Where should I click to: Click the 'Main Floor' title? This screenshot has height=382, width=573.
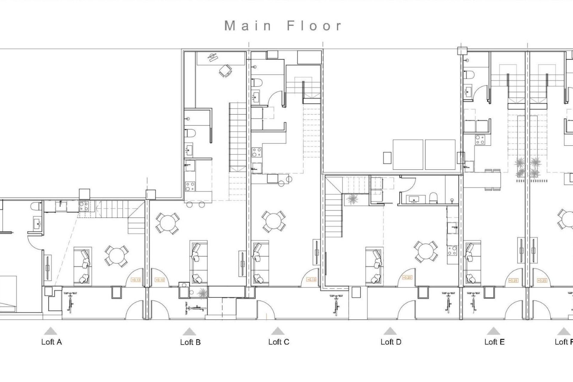(x=283, y=26)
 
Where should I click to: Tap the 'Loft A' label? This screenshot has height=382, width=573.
(x=52, y=342)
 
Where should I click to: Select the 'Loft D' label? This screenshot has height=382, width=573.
(x=391, y=342)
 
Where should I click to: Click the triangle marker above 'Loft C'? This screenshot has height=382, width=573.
(x=278, y=331)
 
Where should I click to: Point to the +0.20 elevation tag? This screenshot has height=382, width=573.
(x=407, y=278)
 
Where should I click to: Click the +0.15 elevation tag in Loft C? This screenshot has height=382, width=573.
(x=311, y=280)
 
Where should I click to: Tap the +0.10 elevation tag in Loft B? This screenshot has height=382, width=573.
(x=160, y=280)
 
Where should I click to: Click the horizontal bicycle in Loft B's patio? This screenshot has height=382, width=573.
(x=195, y=308)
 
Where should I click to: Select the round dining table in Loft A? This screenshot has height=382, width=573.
(x=116, y=256)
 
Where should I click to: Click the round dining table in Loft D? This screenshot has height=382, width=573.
(x=426, y=252)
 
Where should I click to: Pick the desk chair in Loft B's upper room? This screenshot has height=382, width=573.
(x=225, y=71)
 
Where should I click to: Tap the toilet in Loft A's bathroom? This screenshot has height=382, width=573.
(x=36, y=206)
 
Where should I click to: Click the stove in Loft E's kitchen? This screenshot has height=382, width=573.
(x=480, y=140)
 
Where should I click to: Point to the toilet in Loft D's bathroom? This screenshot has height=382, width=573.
(x=433, y=198)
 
